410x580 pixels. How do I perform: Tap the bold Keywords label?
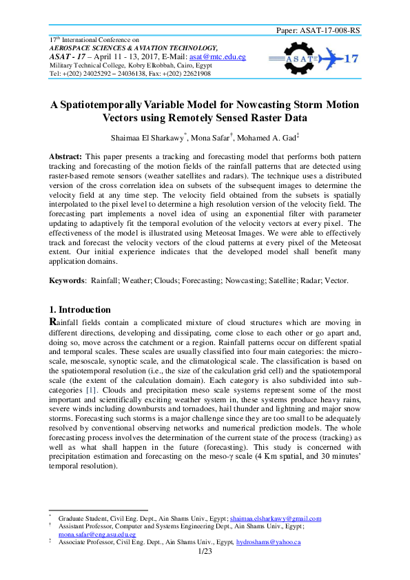(x=68, y=280)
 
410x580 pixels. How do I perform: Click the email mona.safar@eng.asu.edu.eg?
(x=96, y=534)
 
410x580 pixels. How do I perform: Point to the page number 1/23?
(x=205, y=552)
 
